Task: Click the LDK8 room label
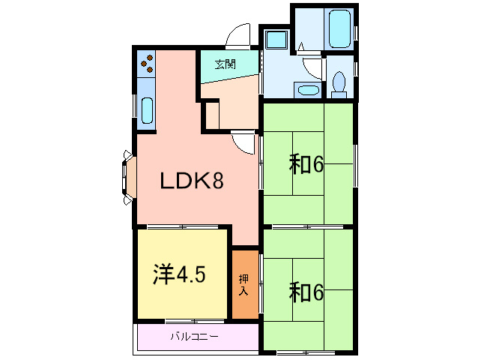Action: [x=190, y=181]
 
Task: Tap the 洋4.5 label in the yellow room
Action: [x=180, y=274]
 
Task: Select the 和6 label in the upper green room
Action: [x=306, y=164]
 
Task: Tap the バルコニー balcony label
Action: [x=193, y=336]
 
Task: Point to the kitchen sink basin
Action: [x=147, y=109]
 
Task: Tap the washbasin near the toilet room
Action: [x=307, y=91]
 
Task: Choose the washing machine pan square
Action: [x=276, y=40]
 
